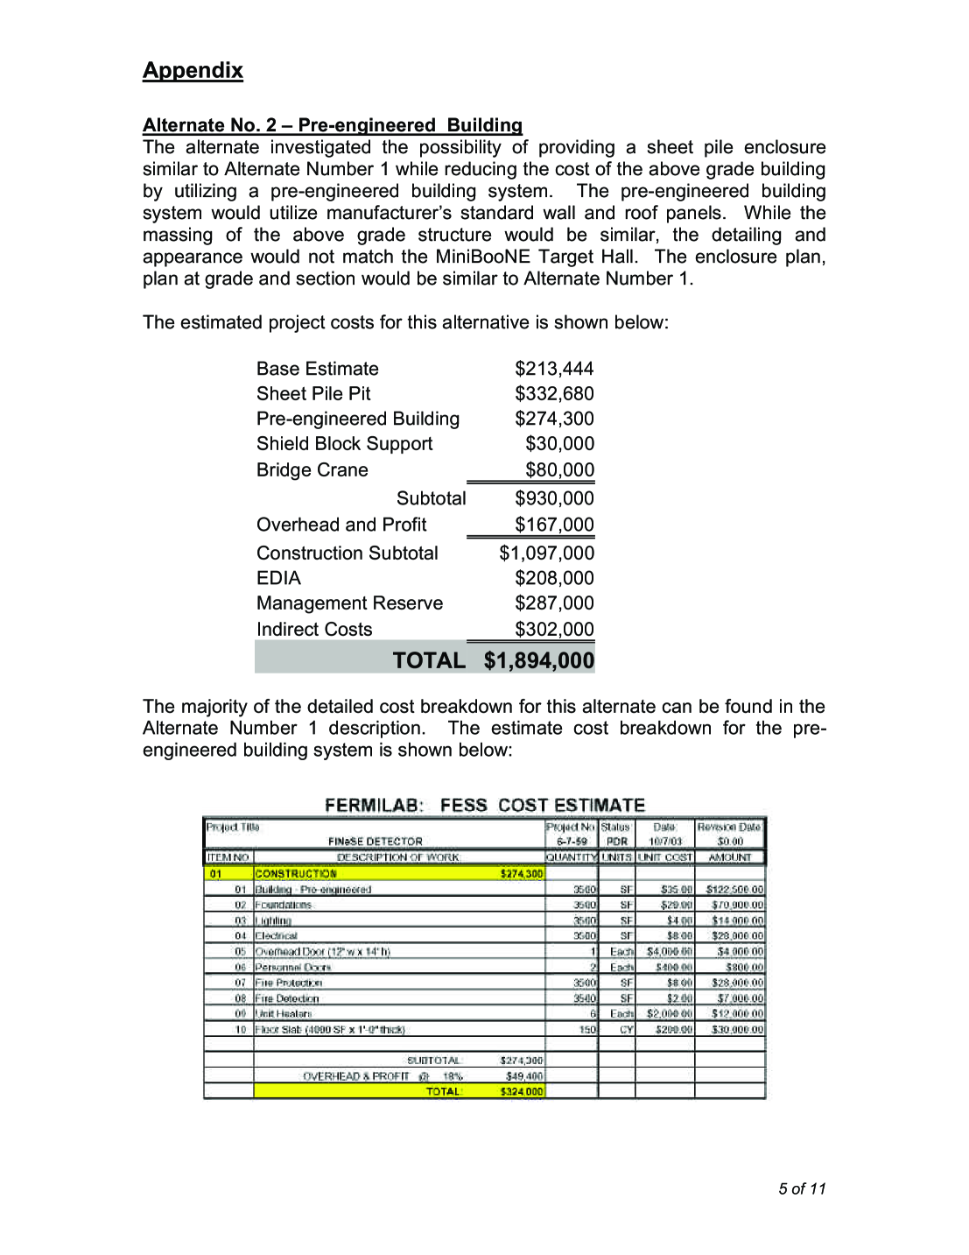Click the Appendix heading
pos(193,70)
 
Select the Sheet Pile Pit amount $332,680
pos(554,394)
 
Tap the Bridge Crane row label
pos(312,470)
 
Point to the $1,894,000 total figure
pos(539,660)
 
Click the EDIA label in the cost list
pos(278,578)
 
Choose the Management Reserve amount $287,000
pos(554,603)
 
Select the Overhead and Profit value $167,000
pos(554,525)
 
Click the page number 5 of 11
pos(802,1188)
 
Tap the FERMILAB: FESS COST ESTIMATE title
pos(484,805)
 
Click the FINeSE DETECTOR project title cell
pos(376,842)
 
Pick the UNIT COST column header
pos(665,857)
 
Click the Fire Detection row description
pos(287,998)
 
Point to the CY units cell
pos(627,1030)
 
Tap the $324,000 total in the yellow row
pos(522,1092)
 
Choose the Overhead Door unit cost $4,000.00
pos(670,952)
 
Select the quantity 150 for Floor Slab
pos(587,1030)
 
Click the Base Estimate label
pos(318,369)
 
